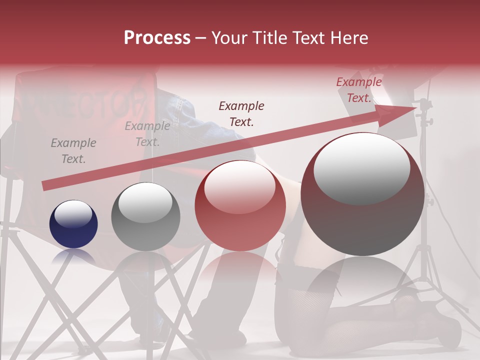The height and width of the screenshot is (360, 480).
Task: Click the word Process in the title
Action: [x=157, y=38]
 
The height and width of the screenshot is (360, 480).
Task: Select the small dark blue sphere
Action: [x=73, y=224]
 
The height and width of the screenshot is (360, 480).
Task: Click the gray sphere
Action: [x=145, y=216]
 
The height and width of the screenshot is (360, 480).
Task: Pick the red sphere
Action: [x=240, y=206]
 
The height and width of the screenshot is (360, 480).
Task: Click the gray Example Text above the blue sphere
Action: [x=73, y=151]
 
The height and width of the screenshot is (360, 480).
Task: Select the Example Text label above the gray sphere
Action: [x=147, y=134]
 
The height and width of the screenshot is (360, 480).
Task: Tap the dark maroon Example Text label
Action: [x=241, y=113]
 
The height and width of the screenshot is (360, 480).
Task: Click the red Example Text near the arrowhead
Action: [x=358, y=90]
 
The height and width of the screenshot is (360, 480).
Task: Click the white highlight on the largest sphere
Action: [x=361, y=167]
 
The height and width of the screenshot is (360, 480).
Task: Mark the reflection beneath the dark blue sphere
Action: [x=73, y=257]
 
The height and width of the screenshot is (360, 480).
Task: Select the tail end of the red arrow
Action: [x=46, y=186]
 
